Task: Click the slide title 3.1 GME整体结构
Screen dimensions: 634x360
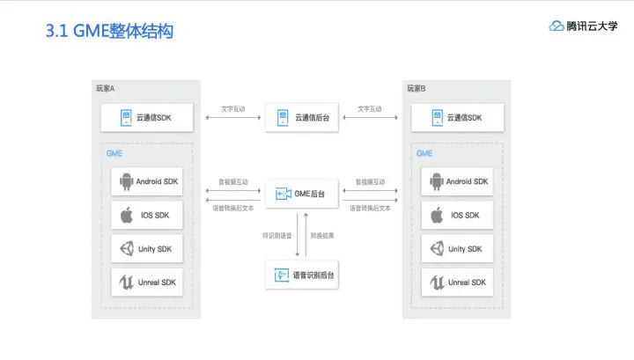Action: point(109,32)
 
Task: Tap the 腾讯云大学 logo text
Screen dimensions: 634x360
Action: point(586,26)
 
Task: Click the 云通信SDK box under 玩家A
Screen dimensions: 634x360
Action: point(147,117)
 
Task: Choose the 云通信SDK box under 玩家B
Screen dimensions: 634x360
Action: point(455,117)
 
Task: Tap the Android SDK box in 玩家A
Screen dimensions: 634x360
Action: point(147,181)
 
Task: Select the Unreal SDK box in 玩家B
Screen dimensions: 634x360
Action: point(455,283)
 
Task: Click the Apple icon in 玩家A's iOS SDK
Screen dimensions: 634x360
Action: point(126,216)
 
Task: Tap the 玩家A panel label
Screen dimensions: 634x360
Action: point(106,88)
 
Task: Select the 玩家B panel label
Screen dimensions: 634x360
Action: point(416,88)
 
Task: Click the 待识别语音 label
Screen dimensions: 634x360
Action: point(276,235)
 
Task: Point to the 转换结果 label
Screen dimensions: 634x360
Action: point(323,235)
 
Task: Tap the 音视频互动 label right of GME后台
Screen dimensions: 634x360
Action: point(370,182)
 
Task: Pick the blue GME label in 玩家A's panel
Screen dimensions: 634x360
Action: point(114,153)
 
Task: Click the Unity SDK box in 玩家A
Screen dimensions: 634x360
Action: point(147,249)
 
